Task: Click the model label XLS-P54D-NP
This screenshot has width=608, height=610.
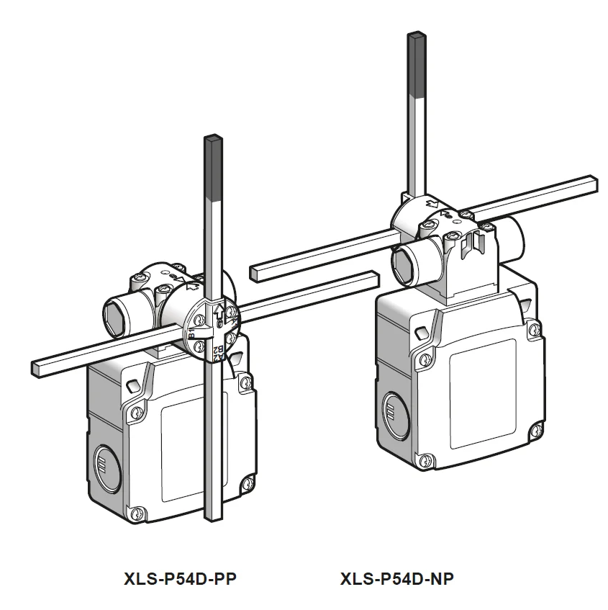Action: (x=396, y=578)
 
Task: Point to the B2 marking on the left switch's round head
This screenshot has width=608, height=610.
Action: (x=218, y=351)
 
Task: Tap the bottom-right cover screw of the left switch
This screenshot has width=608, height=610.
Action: (x=248, y=483)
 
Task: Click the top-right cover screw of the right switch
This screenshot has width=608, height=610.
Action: (x=532, y=329)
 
